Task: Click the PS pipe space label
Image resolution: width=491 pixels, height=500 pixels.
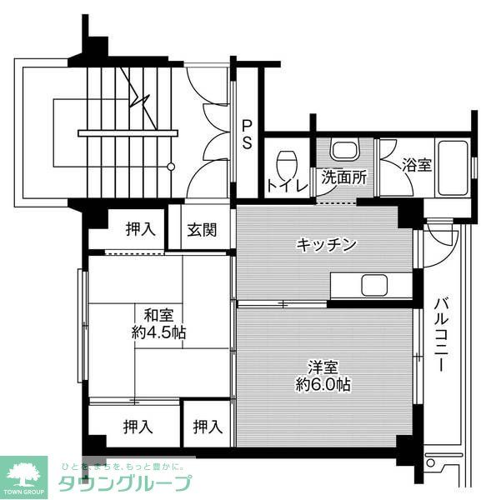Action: point(247,134)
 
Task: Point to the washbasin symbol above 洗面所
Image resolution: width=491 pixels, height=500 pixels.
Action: point(344,151)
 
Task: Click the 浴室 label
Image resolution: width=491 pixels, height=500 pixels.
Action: point(417,164)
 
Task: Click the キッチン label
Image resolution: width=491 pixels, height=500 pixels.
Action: point(327,244)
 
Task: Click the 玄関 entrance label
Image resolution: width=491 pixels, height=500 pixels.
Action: point(201,229)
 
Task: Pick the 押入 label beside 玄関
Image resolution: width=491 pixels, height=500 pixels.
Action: point(140,228)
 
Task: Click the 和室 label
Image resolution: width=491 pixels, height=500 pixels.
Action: point(158,315)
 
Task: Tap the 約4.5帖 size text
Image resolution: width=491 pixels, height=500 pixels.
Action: point(158,332)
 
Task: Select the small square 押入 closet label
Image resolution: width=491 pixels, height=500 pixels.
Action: point(208,427)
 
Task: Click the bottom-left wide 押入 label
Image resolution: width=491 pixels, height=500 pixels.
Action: point(138,427)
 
